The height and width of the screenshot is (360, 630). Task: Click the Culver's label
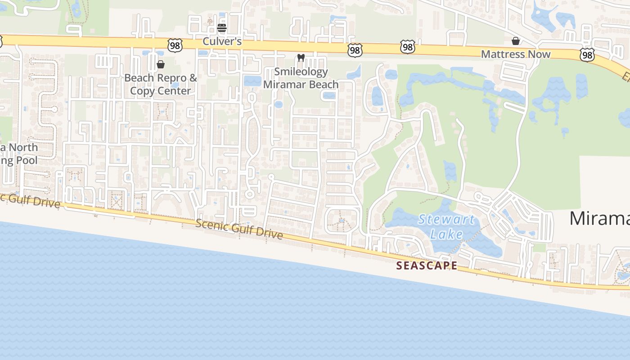pos(222,41)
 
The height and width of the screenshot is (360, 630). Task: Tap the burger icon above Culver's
pos(222,28)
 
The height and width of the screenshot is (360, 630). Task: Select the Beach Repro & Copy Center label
pos(161,84)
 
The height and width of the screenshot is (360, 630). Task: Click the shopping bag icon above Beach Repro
pos(161,64)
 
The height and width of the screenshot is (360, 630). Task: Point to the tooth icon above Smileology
pos(301,58)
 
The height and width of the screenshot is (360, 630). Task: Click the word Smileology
pos(301,72)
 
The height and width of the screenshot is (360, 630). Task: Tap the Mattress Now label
pos(516,54)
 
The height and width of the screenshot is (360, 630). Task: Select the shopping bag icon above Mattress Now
pos(516,41)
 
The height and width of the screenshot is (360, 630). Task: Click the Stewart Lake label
pos(446,227)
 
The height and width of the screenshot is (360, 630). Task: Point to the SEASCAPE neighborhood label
pos(427,265)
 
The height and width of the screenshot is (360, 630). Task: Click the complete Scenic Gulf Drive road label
pos(239,229)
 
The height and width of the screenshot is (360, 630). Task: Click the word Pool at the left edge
pos(27,160)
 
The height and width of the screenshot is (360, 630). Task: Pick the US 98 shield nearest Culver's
pos(175,45)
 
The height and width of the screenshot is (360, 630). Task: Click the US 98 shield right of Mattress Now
pos(587,55)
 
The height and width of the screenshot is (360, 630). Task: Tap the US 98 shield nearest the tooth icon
pos(355,50)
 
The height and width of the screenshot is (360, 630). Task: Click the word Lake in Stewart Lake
pos(446,234)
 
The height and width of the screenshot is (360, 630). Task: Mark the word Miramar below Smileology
pos(282,85)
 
